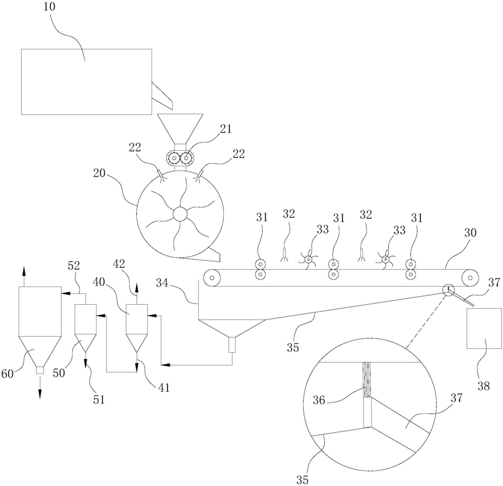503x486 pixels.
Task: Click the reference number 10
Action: click(49, 7)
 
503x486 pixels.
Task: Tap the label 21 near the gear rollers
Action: click(225, 129)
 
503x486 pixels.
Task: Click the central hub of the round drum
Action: click(180, 214)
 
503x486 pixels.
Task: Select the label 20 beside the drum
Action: click(100, 173)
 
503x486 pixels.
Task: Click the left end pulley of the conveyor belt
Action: click(212, 278)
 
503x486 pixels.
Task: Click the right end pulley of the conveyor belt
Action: click(470, 278)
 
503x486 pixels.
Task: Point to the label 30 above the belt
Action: click(470, 233)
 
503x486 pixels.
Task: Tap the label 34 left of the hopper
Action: click(162, 283)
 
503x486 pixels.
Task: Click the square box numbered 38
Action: click(484, 328)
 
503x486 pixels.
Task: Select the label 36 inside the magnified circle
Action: click(319, 400)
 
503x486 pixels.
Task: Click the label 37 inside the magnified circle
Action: click(456, 398)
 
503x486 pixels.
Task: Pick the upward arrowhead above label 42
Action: click(137, 287)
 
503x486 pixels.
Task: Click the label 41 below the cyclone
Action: click(164, 388)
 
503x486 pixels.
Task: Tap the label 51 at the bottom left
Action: click(99, 399)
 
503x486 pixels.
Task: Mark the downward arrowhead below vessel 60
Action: click(40, 394)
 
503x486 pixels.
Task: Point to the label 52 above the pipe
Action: click(74, 265)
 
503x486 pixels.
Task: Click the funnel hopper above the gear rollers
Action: click(180, 129)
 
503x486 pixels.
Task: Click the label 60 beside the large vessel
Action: click(7, 373)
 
